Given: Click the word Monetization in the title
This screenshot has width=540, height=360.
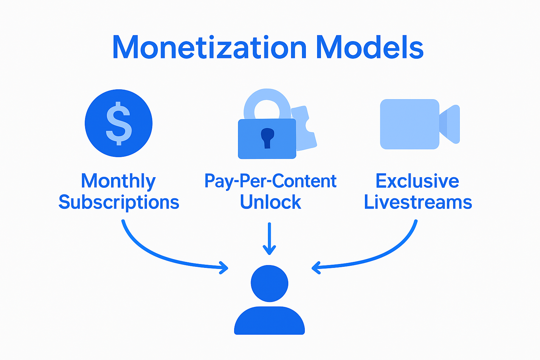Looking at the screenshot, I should pyautogui.click(x=210, y=47).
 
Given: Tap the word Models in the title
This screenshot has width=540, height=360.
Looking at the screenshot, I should pyautogui.click(x=369, y=47).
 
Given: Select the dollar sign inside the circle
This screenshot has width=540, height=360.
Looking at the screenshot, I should pyautogui.click(x=119, y=123).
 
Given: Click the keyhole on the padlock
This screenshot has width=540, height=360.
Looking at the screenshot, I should pyautogui.click(x=267, y=137).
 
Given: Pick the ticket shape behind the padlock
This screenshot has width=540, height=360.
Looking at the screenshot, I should pyautogui.click(x=306, y=130).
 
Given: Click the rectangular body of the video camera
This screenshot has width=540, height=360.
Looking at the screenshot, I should pyautogui.click(x=410, y=124).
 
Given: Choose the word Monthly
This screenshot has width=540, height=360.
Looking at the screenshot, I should pyautogui.click(x=118, y=181).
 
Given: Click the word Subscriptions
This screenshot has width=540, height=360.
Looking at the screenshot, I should pyautogui.click(x=119, y=203).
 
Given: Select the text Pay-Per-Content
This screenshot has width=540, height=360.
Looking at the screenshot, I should pyautogui.click(x=270, y=181).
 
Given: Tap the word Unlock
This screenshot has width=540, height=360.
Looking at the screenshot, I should pyautogui.click(x=270, y=202).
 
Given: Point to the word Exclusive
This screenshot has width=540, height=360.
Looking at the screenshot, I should pyautogui.click(x=417, y=181).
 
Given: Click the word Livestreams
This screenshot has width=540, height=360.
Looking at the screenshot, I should pyautogui.click(x=418, y=202).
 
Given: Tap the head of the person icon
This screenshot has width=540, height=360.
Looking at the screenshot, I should pyautogui.click(x=269, y=283).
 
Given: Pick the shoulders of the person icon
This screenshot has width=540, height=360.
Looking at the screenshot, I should pyautogui.click(x=269, y=321).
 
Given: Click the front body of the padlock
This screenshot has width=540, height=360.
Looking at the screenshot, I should pyautogui.click(x=250, y=148).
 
